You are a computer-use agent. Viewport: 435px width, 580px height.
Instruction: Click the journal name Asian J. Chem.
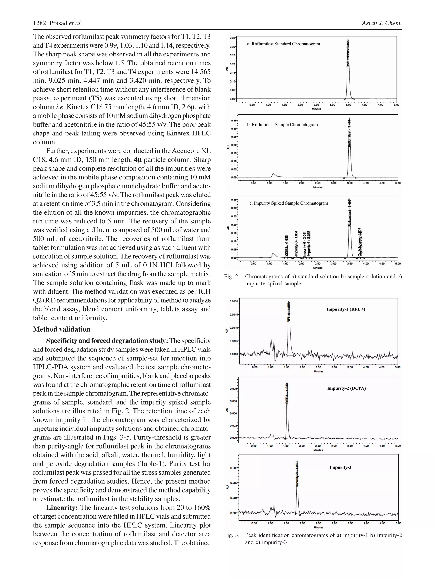381,23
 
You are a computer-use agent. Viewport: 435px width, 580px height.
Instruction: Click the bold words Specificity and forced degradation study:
107,341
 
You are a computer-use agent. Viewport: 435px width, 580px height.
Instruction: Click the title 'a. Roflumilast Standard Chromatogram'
283,44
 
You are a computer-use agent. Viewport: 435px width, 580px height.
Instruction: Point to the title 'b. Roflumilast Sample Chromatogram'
282,124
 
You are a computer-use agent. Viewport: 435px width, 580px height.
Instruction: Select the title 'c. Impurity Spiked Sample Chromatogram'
288,203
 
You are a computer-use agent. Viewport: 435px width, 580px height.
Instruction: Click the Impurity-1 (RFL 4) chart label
346,309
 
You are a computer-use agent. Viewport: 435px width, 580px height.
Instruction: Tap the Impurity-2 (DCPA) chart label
346,388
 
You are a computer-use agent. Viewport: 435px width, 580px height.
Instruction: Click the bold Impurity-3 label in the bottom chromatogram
340,467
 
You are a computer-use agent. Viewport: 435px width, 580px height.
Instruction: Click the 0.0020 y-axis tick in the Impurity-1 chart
234,301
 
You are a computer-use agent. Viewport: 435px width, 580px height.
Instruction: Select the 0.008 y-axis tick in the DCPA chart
234,389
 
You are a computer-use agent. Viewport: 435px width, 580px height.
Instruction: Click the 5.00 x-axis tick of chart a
396,105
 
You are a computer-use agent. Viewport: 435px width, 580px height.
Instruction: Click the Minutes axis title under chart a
316,109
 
